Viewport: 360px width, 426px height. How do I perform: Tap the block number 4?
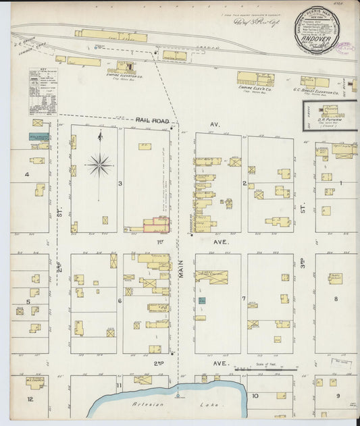[27, 175]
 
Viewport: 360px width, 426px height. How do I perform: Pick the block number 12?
[30, 399]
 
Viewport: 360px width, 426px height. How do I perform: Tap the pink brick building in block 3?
[156, 225]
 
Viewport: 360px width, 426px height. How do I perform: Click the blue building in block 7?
[202, 300]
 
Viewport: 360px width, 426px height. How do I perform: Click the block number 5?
[28, 301]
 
